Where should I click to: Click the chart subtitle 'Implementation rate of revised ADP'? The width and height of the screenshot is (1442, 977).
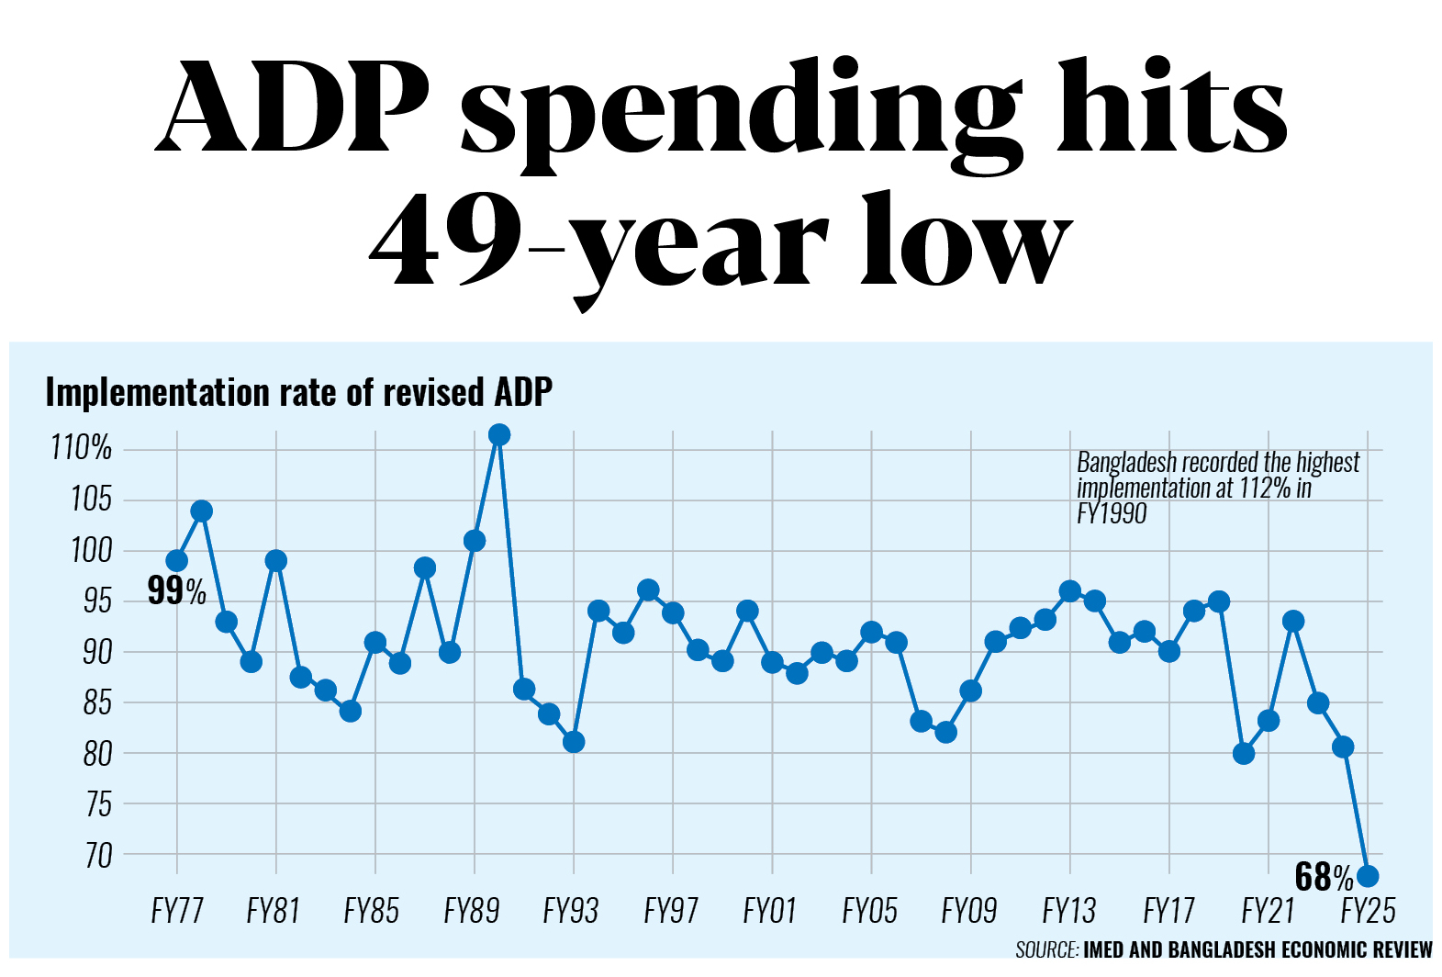click(298, 392)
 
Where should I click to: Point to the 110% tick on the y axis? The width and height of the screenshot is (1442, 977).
click(81, 448)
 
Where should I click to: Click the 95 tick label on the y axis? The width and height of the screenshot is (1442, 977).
click(96, 601)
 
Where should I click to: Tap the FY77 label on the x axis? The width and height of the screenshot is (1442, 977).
click(176, 911)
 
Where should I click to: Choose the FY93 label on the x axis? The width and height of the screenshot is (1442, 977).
click(571, 911)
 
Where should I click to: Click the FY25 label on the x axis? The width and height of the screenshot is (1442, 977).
click(1368, 911)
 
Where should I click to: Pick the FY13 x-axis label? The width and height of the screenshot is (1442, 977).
click(1069, 911)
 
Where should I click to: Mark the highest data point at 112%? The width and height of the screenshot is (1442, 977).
click(499, 434)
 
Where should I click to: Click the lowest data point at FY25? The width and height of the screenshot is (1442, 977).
click(1368, 876)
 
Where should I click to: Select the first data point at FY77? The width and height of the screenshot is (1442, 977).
click(176, 561)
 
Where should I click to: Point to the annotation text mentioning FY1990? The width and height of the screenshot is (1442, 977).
click(1217, 487)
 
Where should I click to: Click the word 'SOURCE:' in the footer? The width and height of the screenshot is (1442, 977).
click(1046, 949)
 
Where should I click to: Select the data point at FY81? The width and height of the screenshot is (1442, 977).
click(276, 561)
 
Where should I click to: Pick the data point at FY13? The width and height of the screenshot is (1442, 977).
click(1069, 591)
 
